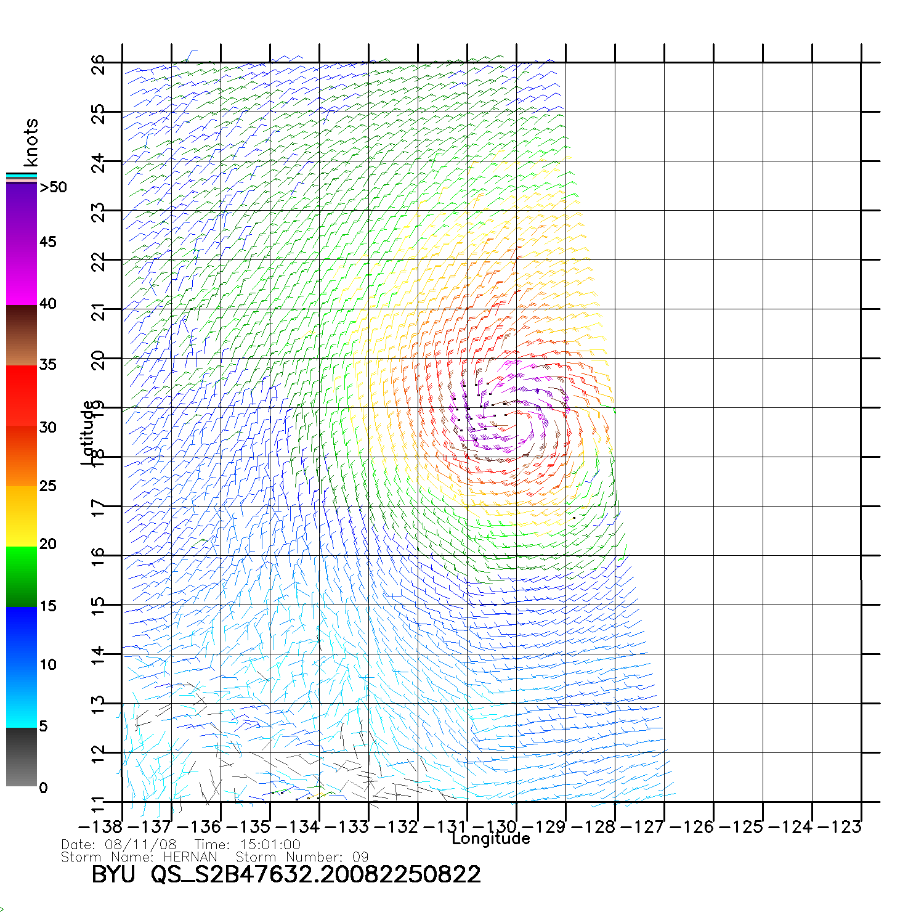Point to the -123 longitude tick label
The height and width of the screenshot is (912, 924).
(x=840, y=827)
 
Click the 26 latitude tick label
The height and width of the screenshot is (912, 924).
(x=98, y=65)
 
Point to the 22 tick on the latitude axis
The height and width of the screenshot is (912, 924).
(x=98, y=262)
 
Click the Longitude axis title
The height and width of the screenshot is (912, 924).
(x=491, y=839)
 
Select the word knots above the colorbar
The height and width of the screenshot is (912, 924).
(x=30, y=142)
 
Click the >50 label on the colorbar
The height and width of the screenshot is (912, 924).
(x=53, y=187)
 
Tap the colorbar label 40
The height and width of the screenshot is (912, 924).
(x=47, y=303)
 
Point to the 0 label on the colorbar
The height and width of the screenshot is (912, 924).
(x=43, y=788)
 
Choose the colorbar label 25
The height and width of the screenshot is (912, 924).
(x=47, y=486)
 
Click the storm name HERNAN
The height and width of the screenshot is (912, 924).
(x=190, y=857)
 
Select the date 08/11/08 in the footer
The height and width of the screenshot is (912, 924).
(x=141, y=845)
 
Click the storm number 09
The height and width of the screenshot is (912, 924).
(x=360, y=857)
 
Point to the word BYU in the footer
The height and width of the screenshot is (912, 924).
(x=113, y=874)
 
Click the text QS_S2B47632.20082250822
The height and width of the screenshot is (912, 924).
(x=316, y=875)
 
